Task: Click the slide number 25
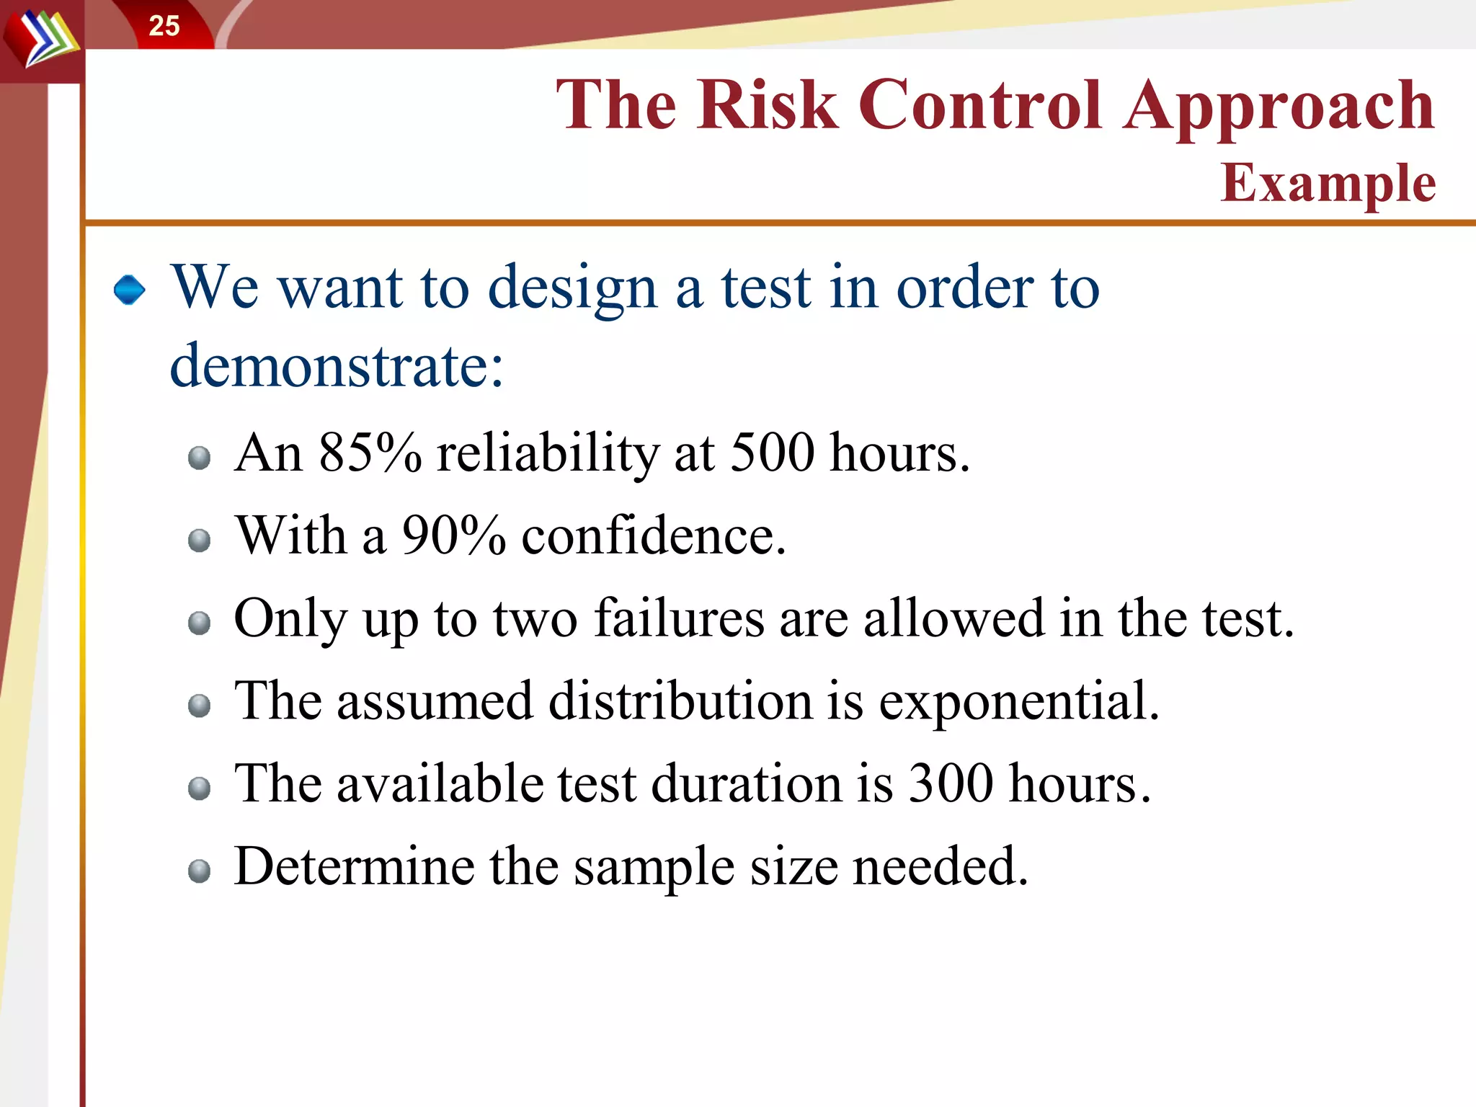click(164, 26)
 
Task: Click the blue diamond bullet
click(130, 290)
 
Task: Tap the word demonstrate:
click(337, 366)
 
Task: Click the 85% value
click(370, 453)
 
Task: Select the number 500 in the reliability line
click(772, 453)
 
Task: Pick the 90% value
click(454, 536)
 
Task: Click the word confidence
click(653, 536)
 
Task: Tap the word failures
click(679, 618)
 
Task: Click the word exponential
click(1018, 701)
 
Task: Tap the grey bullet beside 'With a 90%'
click(199, 541)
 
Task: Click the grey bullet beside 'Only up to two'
click(199, 623)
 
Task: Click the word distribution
click(680, 701)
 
